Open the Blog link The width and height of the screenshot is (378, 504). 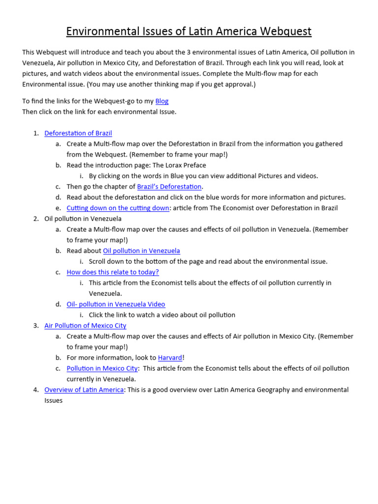pos(162,101)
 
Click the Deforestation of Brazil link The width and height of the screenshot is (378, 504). pos(78,133)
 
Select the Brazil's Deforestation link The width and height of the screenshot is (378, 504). pos(169,187)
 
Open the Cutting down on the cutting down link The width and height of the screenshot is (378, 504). pos(118,208)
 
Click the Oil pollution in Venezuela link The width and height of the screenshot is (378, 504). pos(141,251)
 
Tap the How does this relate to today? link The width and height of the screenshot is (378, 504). pos(113,272)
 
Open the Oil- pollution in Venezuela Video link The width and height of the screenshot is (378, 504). pos(116,304)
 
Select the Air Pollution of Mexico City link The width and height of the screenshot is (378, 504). pos(85,325)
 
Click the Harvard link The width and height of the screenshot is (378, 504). pos(170,358)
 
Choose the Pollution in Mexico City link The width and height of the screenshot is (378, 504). pos(102,368)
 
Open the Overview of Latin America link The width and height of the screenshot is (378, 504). pos(84,389)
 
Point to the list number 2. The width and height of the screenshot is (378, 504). pos(36,219)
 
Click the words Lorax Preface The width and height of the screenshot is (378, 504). pos(184,165)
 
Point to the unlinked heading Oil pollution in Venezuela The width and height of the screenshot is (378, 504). pos(83,219)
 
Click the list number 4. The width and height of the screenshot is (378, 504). pos(36,389)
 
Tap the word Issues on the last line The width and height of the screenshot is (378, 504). pos(54,400)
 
